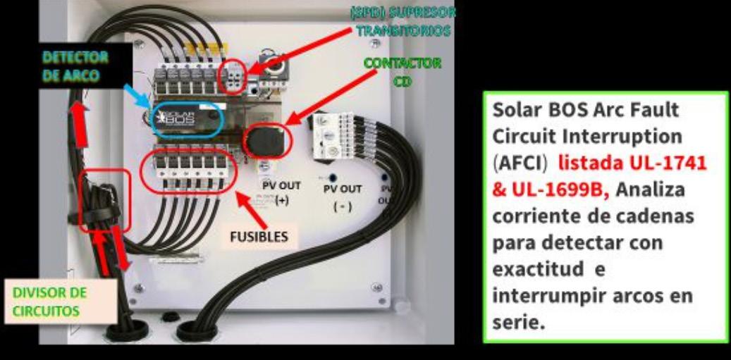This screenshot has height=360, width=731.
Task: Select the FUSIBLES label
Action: (x=259, y=237)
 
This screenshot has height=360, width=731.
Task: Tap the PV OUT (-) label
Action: (x=343, y=198)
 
